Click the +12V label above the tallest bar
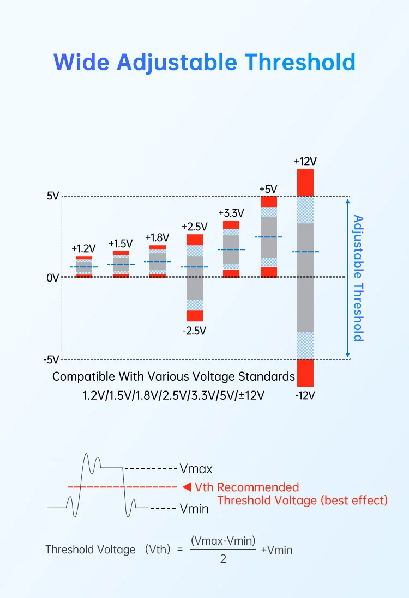tap(305, 161)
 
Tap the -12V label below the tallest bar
tap(305, 396)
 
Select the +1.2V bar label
tap(83, 248)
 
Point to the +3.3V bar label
tap(231, 213)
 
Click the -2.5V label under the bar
tap(194, 331)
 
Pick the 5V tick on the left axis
tap(52, 196)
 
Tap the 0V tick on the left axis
tap(52, 278)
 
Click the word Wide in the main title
tap(81, 62)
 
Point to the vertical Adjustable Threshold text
tap(358, 278)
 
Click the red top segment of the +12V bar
tap(305, 182)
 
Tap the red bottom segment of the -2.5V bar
tap(195, 316)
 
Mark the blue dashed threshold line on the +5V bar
tap(268, 237)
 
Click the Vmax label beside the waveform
tap(196, 468)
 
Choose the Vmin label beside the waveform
tap(194, 509)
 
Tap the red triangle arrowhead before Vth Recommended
tap(187, 486)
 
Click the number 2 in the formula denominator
tap(223, 559)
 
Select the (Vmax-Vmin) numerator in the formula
tap(223, 540)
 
